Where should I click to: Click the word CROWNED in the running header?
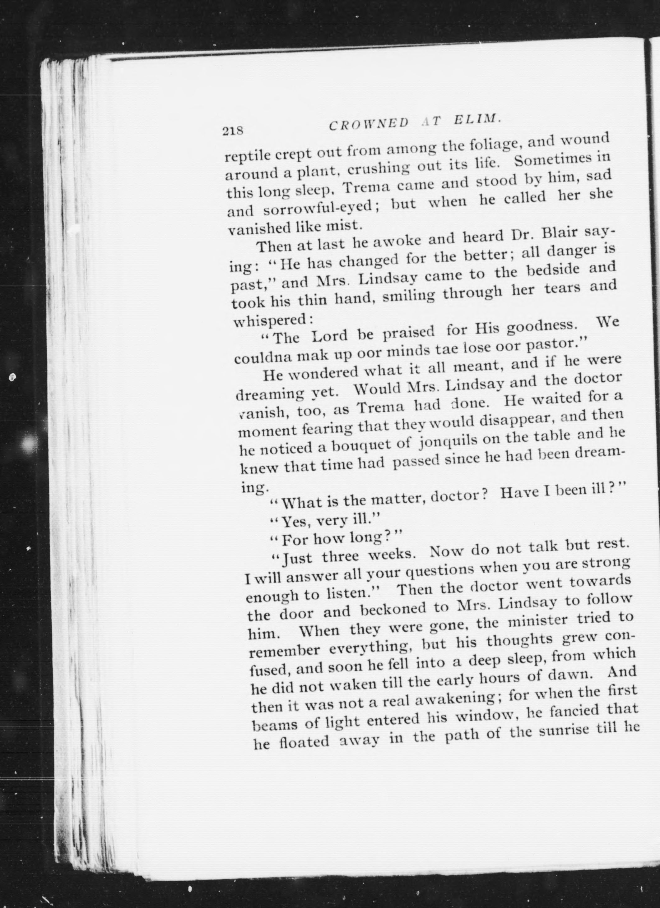click(369, 124)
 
